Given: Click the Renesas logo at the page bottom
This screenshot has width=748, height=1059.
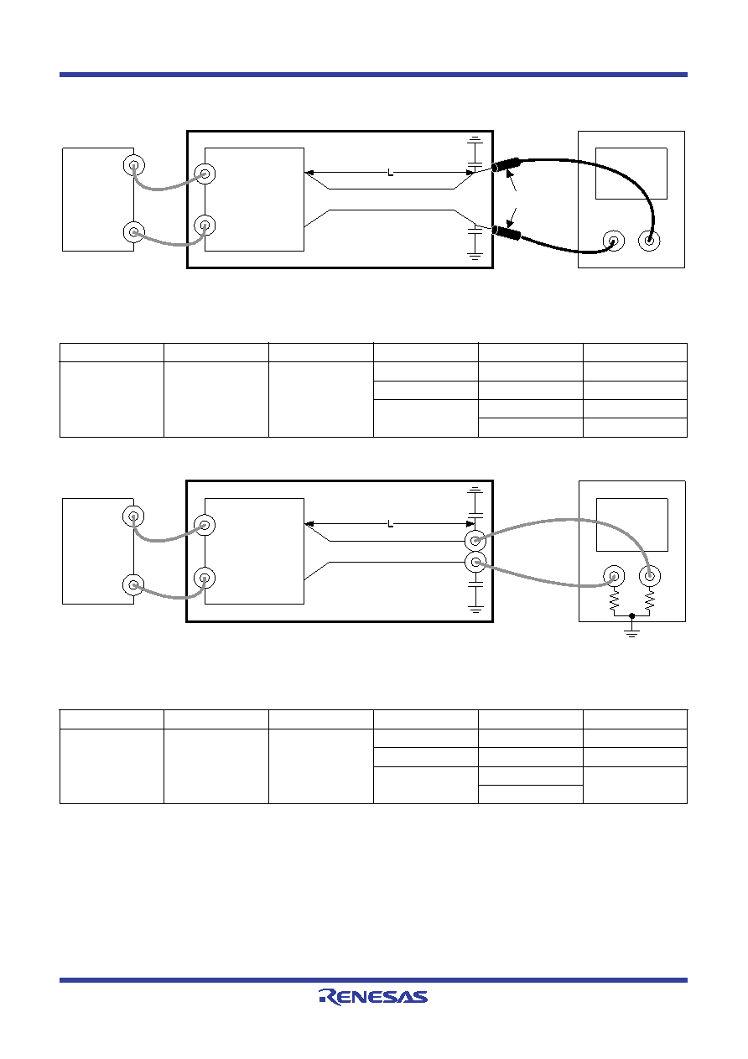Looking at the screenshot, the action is [x=373, y=997].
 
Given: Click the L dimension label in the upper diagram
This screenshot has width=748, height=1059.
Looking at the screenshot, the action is [x=390, y=173].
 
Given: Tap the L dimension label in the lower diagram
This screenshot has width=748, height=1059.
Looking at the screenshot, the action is [x=390, y=524].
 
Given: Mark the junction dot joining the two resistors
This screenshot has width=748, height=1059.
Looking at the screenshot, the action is [x=631, y=615].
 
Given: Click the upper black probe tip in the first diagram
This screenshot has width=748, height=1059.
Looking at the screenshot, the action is [x=506, y=164].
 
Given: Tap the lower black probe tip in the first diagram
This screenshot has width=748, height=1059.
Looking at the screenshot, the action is [x=506, y=232].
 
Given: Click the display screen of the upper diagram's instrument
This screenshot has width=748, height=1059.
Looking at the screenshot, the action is [x=631, y=174].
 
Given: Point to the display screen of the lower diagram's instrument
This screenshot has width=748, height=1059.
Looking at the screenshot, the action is [x=632, y=525].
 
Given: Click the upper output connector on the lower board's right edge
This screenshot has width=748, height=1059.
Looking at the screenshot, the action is [x=475, y=540].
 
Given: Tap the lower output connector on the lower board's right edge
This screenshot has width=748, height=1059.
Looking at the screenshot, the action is [x=475, y=562].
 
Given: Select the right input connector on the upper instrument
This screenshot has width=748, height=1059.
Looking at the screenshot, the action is [x=649, y=241].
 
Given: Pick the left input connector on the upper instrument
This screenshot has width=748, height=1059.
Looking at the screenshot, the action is [x=614, y=241].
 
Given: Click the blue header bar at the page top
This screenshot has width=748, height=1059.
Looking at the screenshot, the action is [x=373, y=75].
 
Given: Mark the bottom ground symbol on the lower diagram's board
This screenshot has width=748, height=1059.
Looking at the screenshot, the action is [x=475, y=609].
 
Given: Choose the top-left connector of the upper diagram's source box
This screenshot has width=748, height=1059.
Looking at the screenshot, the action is [x=134, y=165].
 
